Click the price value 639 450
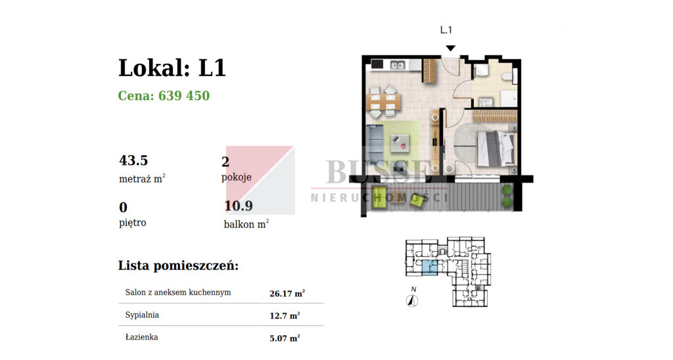point(184,95)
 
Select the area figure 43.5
point(133,160)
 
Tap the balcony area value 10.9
point(239,206)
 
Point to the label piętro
point(133,223)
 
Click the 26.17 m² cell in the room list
point(287,294)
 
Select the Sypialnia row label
point(142,315)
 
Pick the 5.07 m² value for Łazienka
point(285,338)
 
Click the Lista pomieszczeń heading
point(178,265)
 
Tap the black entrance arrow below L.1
point(450,48)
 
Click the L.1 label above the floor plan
point(446,30)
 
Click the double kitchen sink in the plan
point(398,65)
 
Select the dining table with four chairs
point(384,102)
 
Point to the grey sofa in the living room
point(374,147)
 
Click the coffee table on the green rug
point(400,144)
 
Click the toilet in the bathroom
point(508,78)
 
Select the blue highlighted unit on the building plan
point(430,267)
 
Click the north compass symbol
point(412,301)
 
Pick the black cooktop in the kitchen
point(377,65)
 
